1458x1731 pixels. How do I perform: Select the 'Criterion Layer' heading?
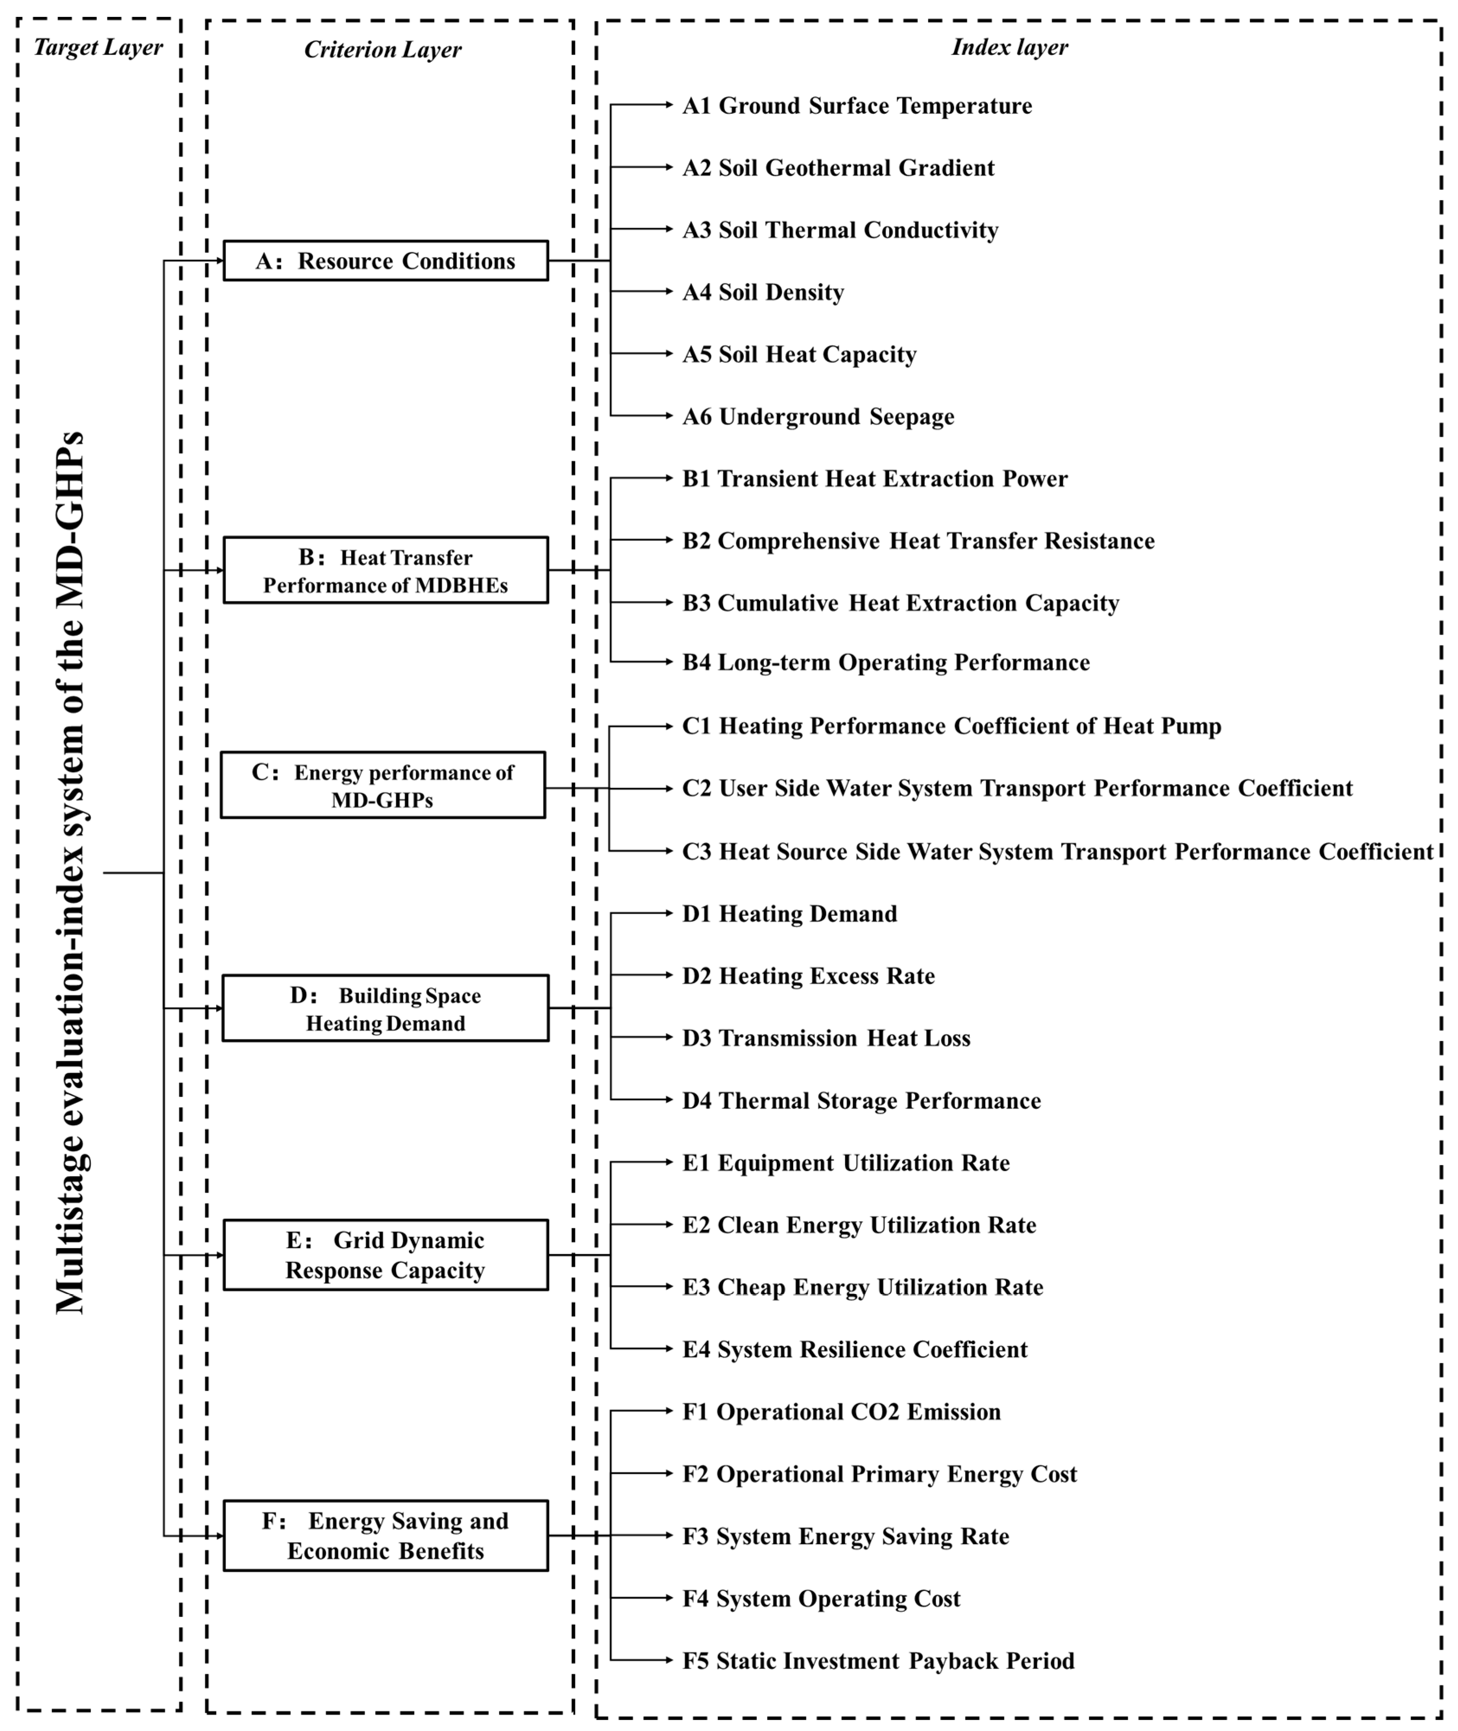click(383, 50)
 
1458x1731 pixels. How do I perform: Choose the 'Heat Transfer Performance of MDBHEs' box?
click(385, 570)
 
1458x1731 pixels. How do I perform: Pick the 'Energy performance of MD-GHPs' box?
click(383, 785)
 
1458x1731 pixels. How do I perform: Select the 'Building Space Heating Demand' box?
click(385, 1008)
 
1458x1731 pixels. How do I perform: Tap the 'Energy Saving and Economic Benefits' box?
click(385, 1535)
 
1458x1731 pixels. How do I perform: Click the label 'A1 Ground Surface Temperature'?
click(857, 106)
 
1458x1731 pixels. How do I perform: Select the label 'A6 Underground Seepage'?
click(818, 416)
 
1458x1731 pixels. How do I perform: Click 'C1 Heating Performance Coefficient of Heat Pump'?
click(952, 726)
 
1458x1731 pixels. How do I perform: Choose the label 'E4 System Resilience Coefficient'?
click(855, 1349)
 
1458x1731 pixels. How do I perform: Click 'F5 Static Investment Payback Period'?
click(878, 1661)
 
